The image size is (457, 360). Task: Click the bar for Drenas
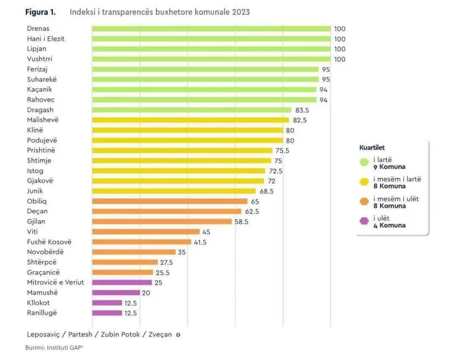[211, 28]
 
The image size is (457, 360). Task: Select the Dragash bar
[192, 110]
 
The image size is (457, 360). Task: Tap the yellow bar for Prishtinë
[182, 150]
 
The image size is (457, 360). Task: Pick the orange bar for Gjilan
[162, 221]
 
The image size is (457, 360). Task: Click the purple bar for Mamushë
[116, 292]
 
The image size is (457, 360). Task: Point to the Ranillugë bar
[107, 313]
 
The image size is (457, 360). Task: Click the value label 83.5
[302, 110]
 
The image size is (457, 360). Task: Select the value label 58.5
[241, 222]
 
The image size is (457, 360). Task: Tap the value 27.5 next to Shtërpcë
[166, 262]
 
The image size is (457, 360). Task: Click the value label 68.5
[267, 191]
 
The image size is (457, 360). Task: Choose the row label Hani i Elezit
[46, 39]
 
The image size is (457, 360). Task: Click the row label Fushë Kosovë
[49, 242]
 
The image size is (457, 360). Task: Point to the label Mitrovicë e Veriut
[55, 282]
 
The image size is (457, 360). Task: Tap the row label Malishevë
[43, 120]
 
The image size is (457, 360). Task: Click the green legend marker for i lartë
[364, 162]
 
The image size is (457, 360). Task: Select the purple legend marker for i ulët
[364, 221]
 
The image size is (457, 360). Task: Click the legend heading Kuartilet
[372, 147]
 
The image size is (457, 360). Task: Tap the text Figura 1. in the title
[40, 12]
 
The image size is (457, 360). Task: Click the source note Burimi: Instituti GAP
[54, 347]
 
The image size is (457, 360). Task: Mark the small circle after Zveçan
[178, 335]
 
